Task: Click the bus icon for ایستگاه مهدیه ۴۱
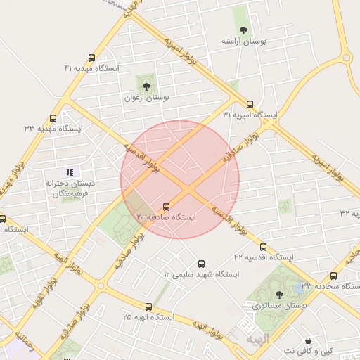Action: (91, 58)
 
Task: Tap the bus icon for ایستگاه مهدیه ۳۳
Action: (53, 118)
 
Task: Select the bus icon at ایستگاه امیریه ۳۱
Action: (250, 103)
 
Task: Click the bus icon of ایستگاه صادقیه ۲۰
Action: (167, 207)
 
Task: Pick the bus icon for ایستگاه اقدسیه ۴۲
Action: (264, 247)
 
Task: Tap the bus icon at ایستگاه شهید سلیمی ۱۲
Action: (202, 263)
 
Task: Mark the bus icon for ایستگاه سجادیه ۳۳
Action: (333, 276)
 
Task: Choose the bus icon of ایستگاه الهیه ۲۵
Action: (148, 307)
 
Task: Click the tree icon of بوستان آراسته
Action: (243, 30)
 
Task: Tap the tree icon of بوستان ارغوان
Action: (146, 86)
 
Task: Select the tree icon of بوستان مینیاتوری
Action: (280, 295)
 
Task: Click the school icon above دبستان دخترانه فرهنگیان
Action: (70, 172)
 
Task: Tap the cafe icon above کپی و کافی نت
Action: (308, 340)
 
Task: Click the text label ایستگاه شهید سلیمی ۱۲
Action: (202, 274)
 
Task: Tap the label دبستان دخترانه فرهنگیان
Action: (70, 188)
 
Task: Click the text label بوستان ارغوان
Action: (146, 98)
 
